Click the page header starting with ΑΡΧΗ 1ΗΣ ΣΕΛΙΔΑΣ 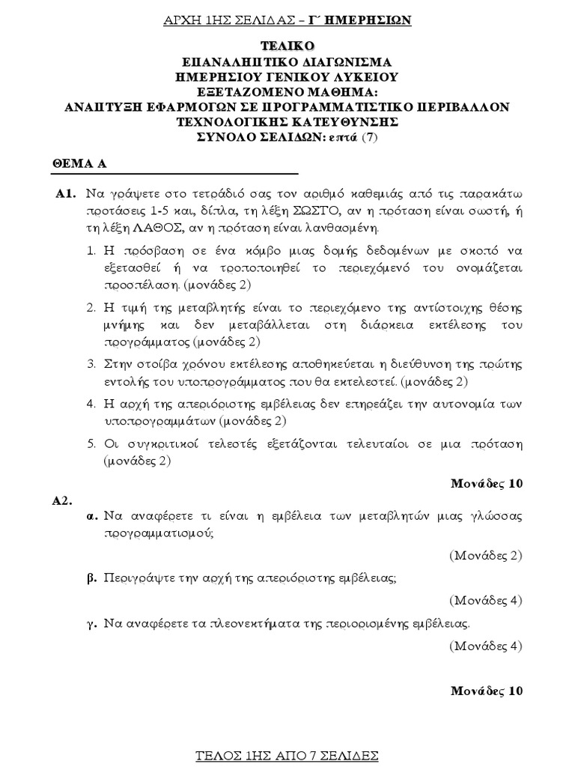[287, 20]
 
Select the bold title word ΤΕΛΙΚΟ [287, 47]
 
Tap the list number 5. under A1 [90, 443]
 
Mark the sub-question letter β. [93, 579]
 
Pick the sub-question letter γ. [93, 623]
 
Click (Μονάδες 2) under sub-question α [485, 556]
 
